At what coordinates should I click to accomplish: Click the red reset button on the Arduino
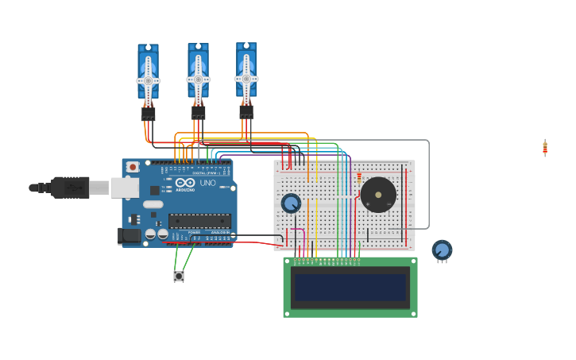coord(133,167)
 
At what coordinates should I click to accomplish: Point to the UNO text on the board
coord(207,183)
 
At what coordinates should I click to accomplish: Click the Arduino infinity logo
coord(184,183)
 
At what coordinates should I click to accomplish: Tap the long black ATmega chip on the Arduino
coord(199,221)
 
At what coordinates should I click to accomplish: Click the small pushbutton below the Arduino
coord(179,277)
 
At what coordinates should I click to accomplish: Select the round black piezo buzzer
coord(378,195)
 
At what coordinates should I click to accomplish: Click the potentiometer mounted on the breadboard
coord(292,203)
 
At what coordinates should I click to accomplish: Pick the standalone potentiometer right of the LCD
coord(442,250)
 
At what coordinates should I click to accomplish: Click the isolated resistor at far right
coord(545,147)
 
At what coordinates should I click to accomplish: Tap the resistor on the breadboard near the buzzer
coord(359,178)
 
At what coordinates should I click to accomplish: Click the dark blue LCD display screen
coord(350,288)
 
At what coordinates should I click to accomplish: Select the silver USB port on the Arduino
coord(125,188)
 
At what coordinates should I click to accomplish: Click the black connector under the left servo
coord(148,114)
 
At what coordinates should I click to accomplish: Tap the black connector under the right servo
coord(246,111)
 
